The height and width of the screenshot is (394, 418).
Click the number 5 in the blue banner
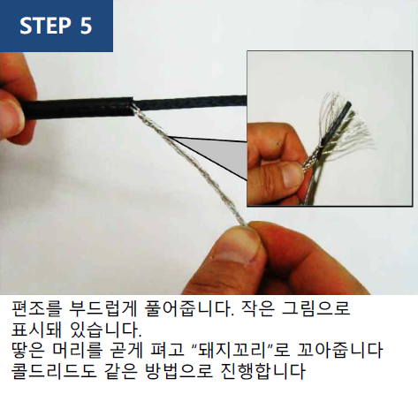coord(86,26)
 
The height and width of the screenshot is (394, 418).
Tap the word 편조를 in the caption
coord(37,309)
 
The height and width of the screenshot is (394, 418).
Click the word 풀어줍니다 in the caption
coord(189,309)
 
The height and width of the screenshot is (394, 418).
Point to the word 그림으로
coord(315,309)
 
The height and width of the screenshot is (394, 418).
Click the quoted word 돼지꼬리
coord(232,351)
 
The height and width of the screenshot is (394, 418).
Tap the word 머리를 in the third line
coord(78,351)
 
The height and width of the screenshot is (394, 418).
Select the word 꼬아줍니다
coord(339,351)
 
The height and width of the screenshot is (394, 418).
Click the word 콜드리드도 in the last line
coord(54,371)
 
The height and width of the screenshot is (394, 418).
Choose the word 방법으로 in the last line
coord(179,371)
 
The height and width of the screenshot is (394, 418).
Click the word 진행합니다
coord(262,371)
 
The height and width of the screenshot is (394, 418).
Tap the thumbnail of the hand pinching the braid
coord(236,246)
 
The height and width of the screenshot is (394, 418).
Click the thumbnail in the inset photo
coord(292,175)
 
